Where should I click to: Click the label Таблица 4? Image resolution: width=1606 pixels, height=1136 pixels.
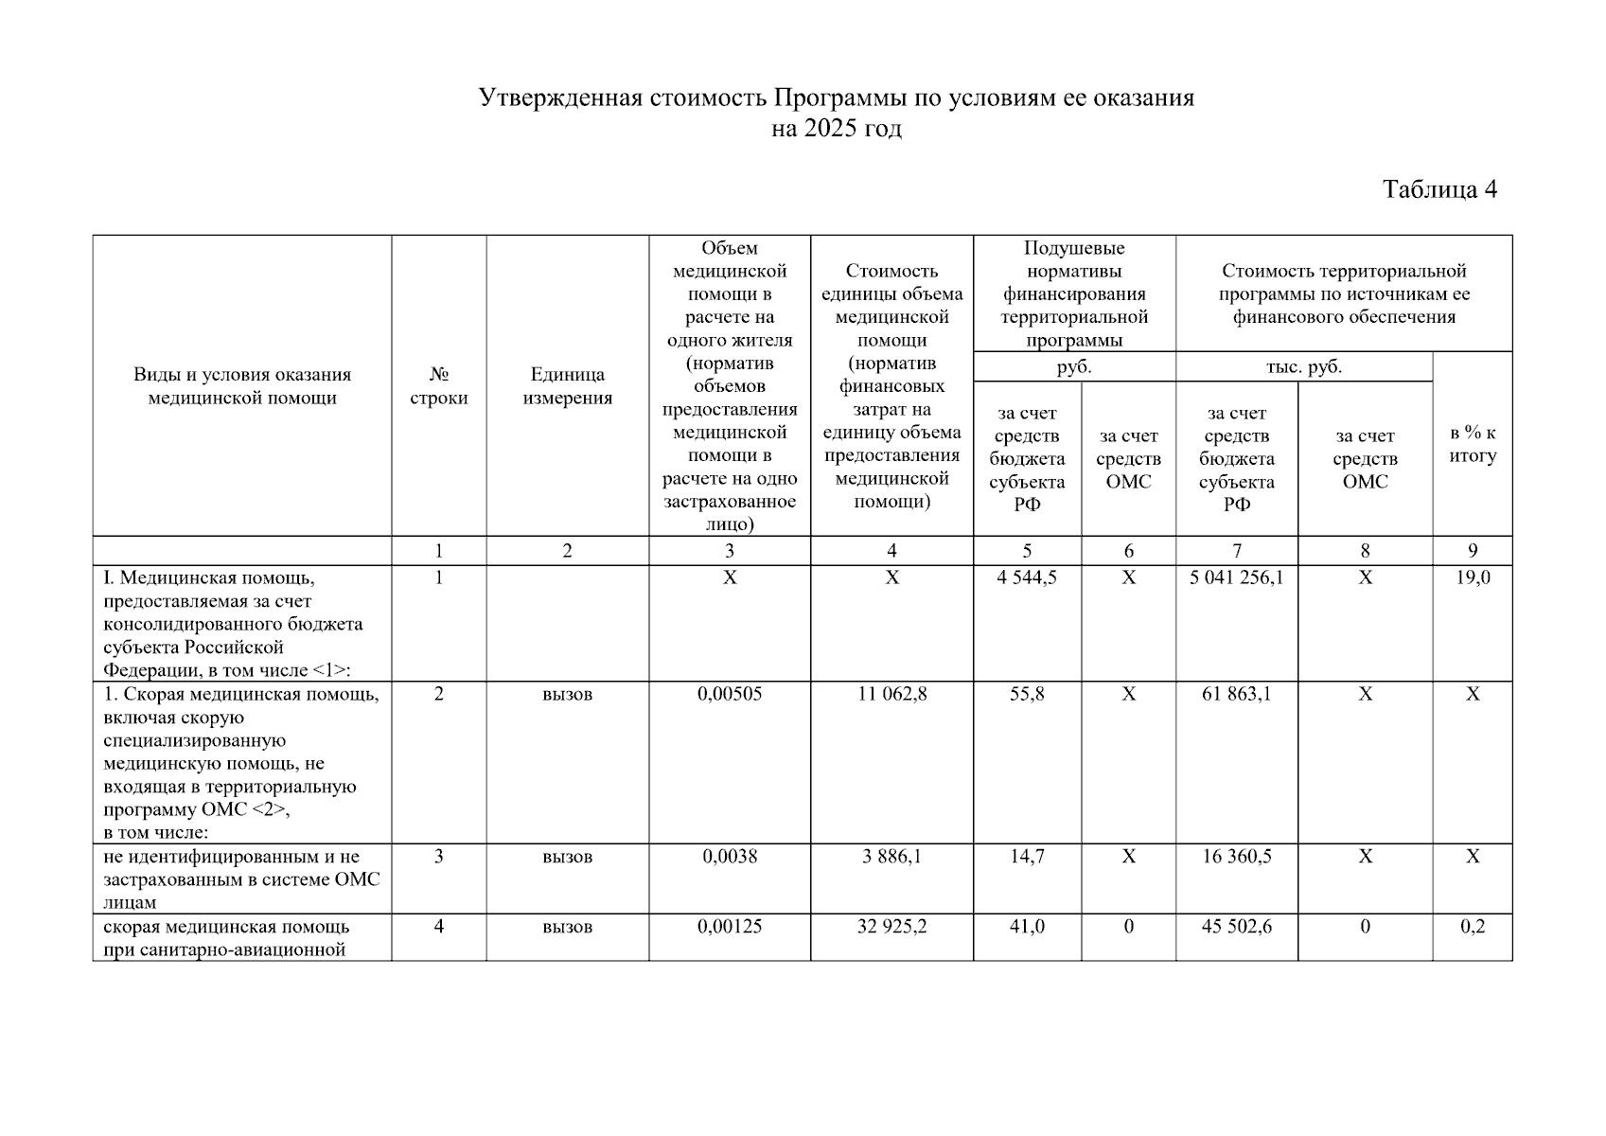pyautogui.click(x=1439, y=189)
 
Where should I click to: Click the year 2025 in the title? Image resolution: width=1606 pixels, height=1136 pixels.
pyautogui.click(x=828, y=129)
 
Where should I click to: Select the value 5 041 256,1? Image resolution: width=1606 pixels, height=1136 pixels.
pyautogui.click(x=1236, y=577)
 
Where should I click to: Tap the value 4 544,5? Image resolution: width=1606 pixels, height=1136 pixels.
pyautogui.click(x=1027, y=577)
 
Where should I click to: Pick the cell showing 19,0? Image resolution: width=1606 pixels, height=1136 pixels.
pyautogui.click(x=1473, y=577)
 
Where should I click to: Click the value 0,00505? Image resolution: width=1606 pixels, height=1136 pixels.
pyautogui.click(x=729, y=694)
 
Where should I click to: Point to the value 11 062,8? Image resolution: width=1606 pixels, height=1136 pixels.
pyautogui.click(x=891, y=694)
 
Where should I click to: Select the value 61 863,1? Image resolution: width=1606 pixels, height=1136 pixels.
pyautogui.click(x=1236, y=694)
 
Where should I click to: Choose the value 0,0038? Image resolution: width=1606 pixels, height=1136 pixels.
pyautogui.click(x=729, y=857)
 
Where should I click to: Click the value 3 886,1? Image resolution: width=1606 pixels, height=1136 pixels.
pyautogui.click(x=891, y=857)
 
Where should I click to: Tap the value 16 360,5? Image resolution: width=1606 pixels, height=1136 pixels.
pyautogui.click(x=1236, y=857)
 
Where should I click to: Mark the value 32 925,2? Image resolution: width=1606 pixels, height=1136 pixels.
pyautogui.click(x=891, y=927)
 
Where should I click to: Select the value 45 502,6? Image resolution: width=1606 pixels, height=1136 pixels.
pyautogui.click(x=1236, y=927)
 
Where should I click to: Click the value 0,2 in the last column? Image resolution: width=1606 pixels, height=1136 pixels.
pyautogui.click(x=1473, y=927)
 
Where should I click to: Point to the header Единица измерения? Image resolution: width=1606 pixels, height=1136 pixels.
pyautogui.click(x=567, y=386)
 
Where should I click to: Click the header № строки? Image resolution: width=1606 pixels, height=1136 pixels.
pyautogui.click(x=438, y=386)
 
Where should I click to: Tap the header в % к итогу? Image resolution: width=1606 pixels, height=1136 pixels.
pyautogui.click(x=1473, y=444)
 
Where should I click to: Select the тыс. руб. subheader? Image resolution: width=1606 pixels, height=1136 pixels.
pyautogui.click(x=1303, y=367)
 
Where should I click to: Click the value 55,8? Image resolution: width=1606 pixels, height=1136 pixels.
pyautogui.click(x=1027, y=694)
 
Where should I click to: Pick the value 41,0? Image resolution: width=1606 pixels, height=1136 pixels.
pyautogui.click(x=1027, y=927)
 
